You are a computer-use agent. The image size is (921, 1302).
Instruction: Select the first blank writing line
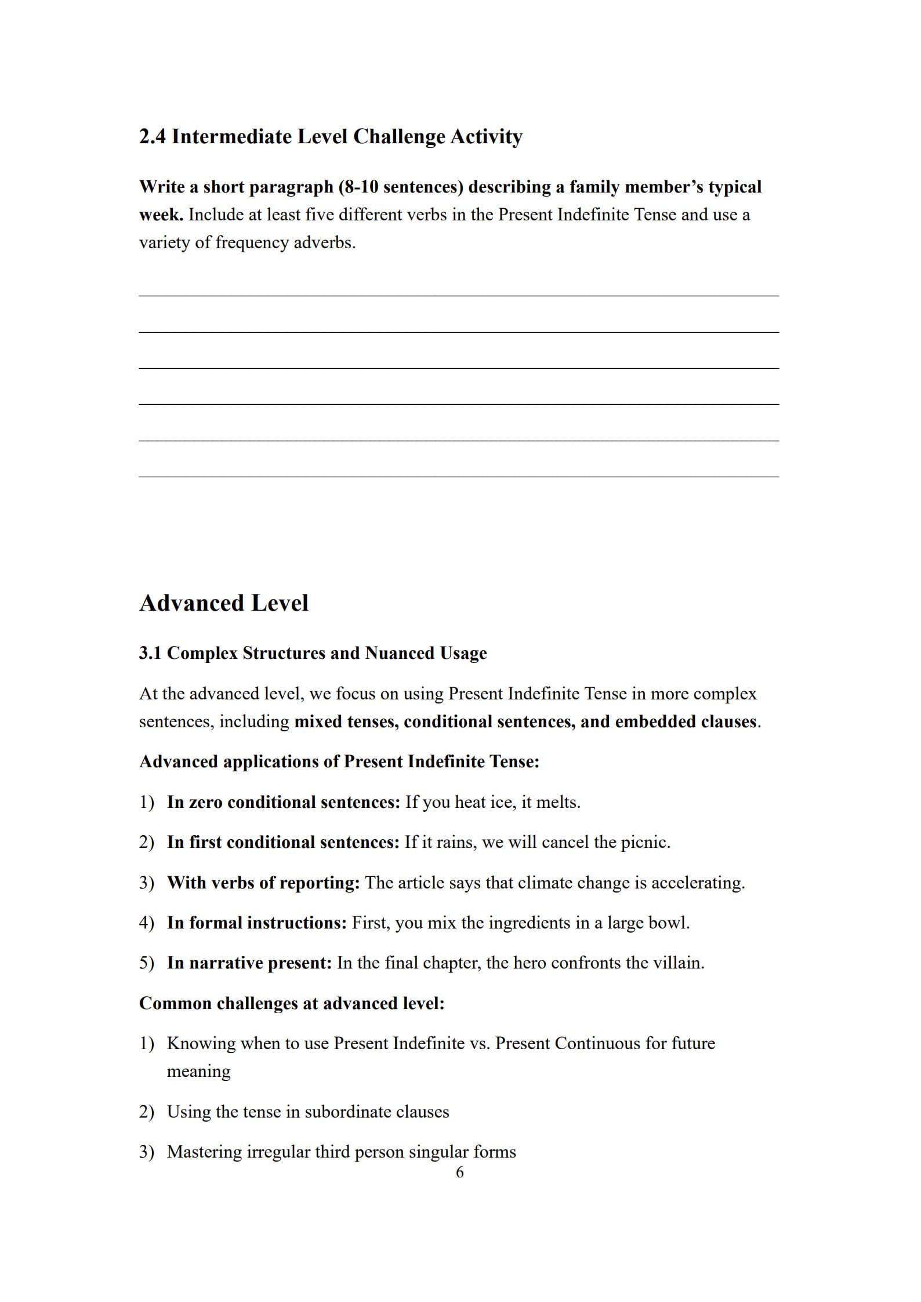[x=458, y=295]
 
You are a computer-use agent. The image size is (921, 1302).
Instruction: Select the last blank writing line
[x=458, y=476]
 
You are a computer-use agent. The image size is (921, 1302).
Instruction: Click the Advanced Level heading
[x=223, y=603]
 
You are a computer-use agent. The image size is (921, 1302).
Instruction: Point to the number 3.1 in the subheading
[x=150, y=653]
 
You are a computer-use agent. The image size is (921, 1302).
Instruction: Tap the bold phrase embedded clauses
[x=686, y=721]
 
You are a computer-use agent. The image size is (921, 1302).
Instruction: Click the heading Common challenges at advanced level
[x=292, y=1003]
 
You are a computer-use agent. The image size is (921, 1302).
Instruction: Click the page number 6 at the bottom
[x=460, y=1173]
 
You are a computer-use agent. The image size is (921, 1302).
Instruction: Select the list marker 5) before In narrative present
[x=146, y=963]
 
